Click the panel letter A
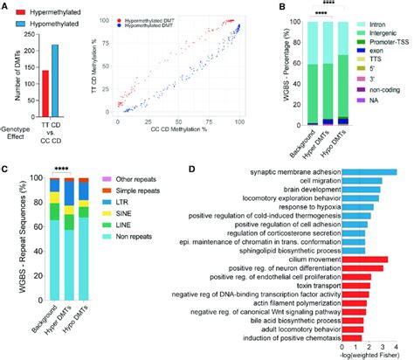pyautogui.click(x=6, y=7)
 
